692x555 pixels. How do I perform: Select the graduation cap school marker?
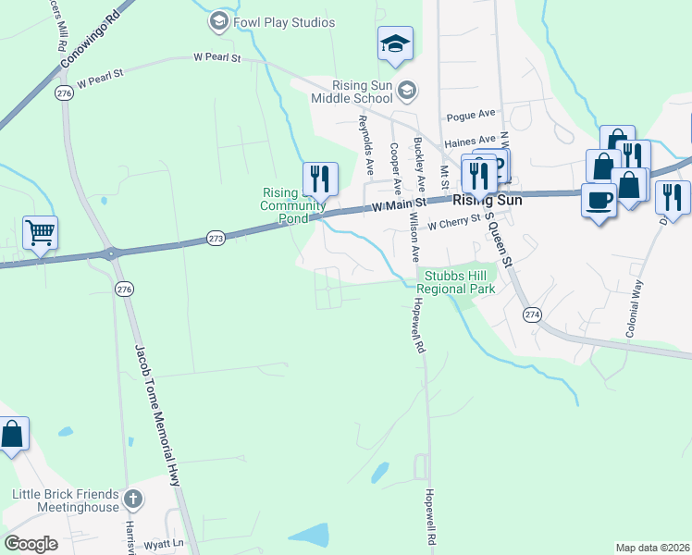coord(395,43)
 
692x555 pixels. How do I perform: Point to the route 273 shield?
coord(216,239)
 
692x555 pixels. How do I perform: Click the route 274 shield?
coord(531,315)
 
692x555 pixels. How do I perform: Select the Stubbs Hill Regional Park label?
coord(460,282)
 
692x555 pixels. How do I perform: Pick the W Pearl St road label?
coord(217,57)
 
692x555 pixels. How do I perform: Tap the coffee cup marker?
coord(599,199)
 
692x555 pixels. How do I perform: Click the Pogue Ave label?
coord(471,115)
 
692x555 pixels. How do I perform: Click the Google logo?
coord(31,544)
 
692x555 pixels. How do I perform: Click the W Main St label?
coord(399,203)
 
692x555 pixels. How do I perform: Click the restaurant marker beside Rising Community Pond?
coord(320,177)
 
